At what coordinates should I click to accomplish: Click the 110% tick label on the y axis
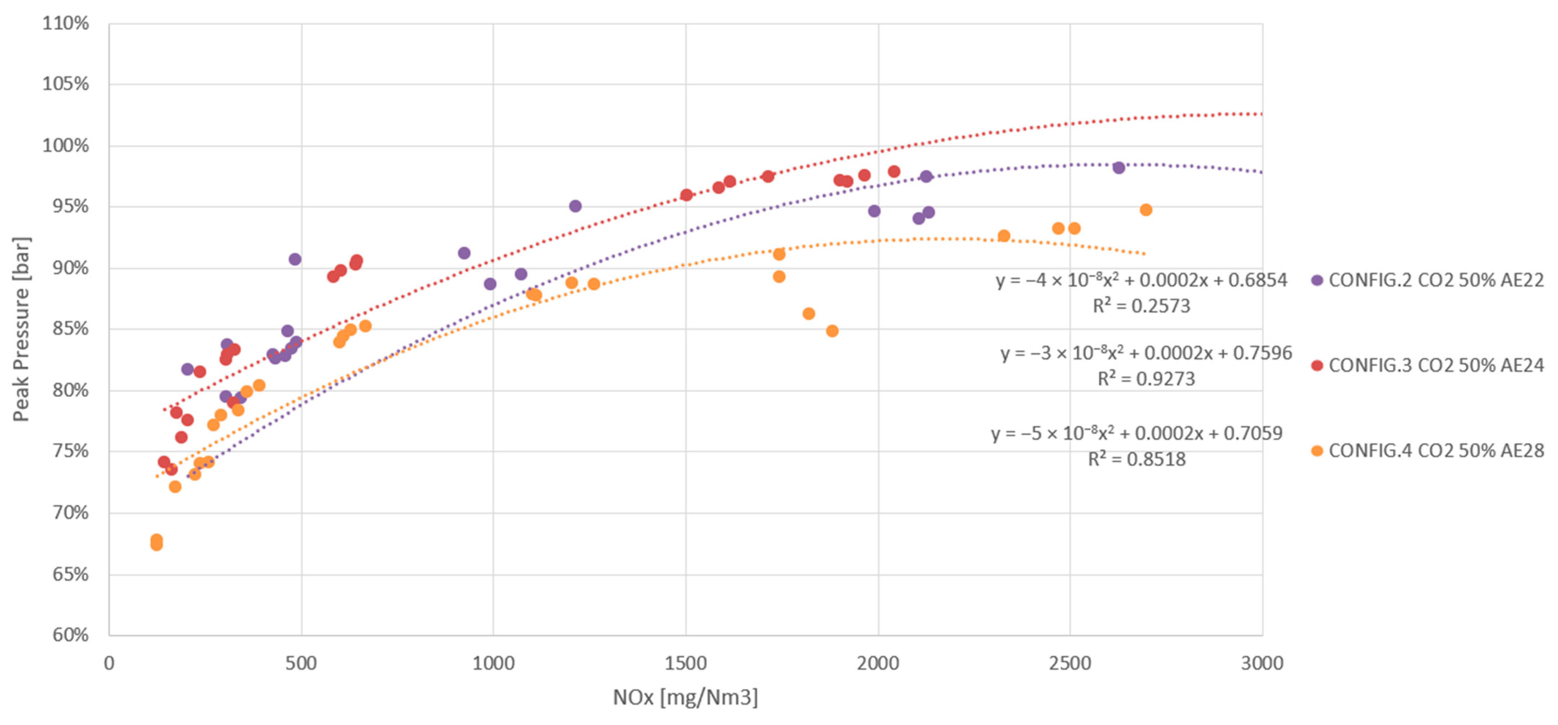(65, 23)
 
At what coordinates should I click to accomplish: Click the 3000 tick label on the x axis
(1262, 663)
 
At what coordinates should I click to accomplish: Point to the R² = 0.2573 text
(1141, 306)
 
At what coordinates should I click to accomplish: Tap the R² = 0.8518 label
(1136, 459)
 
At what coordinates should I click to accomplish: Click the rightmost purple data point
(1118, 168)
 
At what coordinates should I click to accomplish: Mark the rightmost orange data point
(1145, 210)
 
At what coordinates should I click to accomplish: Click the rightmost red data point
(894, 172)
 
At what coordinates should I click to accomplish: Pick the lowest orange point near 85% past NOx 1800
(832, 331)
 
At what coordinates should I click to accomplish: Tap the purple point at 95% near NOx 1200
(575, 206)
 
